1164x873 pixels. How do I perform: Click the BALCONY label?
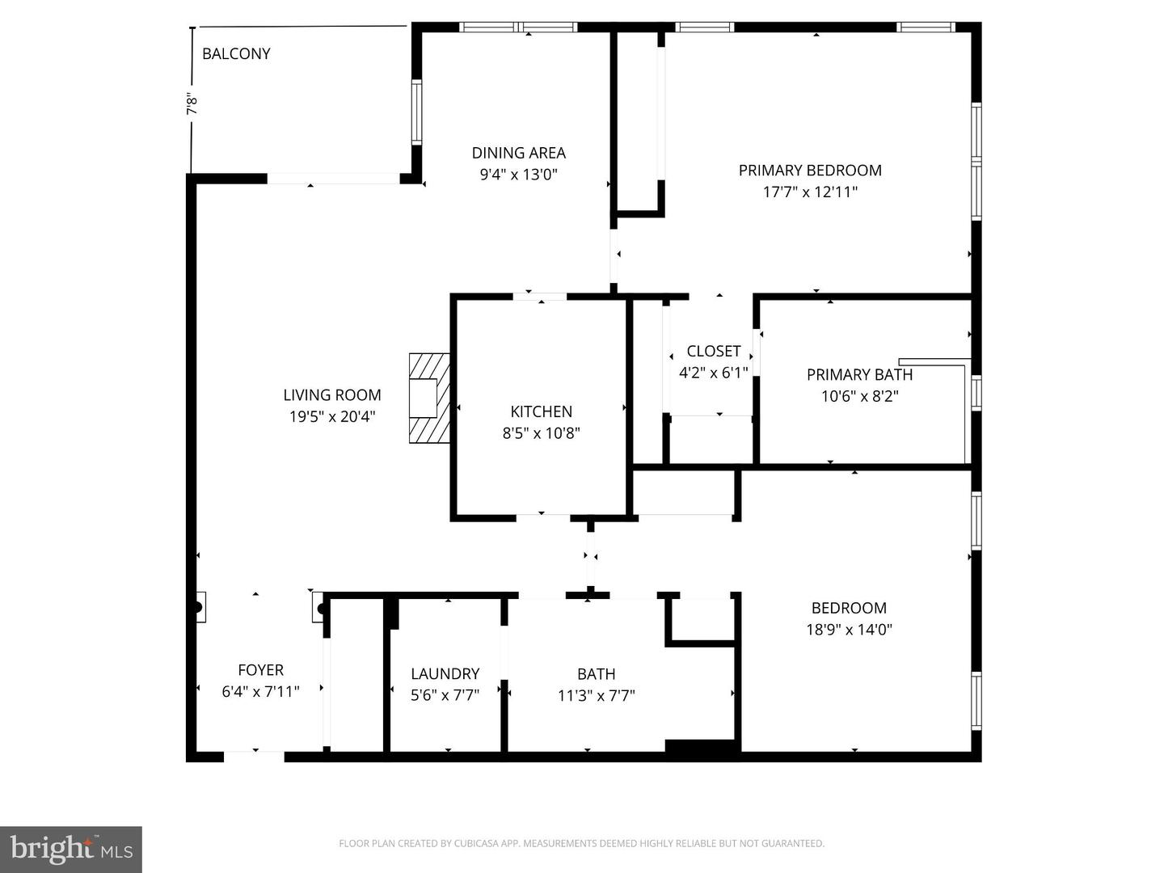[x=236, y=54]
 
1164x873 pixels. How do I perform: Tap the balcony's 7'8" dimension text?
[x=192, y=105]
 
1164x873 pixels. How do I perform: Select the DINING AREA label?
[x=518, y=153]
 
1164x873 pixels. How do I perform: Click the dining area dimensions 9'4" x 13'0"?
[x=518, y=174]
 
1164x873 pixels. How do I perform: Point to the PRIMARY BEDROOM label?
[x=809, y=171]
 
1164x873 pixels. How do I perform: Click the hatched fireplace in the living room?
[x=428, y=398]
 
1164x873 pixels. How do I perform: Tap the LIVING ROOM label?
[x=331, y=395]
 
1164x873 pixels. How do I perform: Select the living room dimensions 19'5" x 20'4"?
[x=331, y=417]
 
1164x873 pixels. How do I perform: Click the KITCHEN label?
[x=541, y=411]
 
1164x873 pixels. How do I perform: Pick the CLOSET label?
[x=713, y=351]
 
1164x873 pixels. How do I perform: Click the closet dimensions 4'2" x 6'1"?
[x=713, y=373]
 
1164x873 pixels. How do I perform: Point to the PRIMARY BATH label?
[x=859, y=375]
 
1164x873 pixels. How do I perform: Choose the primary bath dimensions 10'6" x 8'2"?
[x=859, y=396]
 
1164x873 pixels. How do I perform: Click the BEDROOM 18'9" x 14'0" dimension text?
[x=849, y=630]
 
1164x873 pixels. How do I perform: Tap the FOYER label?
[x=260, y=670]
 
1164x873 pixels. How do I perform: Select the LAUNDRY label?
[x=445, y=673]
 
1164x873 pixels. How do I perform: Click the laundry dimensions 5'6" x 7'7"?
[x=445, y=695]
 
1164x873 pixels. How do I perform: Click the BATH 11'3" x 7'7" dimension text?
[x=596, y=695]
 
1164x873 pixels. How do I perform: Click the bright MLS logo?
[x=71, y=849]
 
